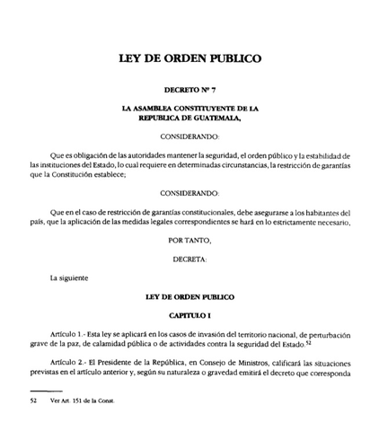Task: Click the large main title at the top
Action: (x=184, y=60)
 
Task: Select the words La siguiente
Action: (x=69, y=277)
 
